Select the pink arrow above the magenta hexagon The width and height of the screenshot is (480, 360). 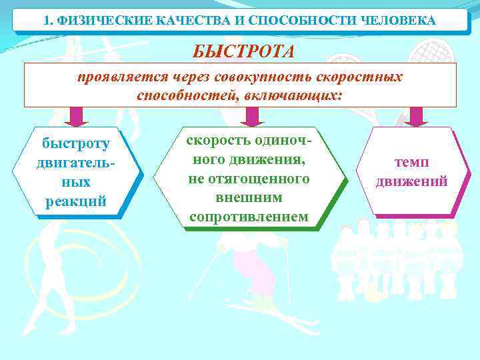(x=417, y=116)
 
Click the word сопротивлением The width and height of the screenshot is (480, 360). (x=249, y=217)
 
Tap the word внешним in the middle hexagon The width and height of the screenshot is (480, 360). (x=249, y=198)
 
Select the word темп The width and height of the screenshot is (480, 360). (x=411, y=162)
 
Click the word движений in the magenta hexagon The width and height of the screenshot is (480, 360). (x=411, y=181)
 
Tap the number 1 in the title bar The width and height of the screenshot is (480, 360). (x=46, y=21)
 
